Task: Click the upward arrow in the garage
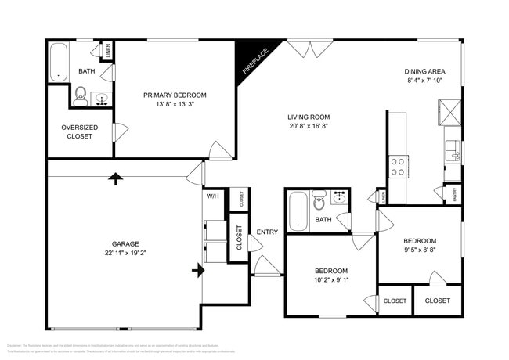[116, 178]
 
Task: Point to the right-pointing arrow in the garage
[199, 271]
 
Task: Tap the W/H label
[213, 196]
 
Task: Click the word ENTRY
[267, 232]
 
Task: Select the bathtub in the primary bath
[59, 62]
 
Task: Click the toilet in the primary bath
[81, 96]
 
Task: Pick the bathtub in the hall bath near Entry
[298, 211]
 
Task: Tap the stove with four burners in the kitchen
[398, 166]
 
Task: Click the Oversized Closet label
[79, 131]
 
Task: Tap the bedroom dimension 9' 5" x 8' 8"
[419, 251]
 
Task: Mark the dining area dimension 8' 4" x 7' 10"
[424, 81]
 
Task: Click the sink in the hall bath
[339, 198]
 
